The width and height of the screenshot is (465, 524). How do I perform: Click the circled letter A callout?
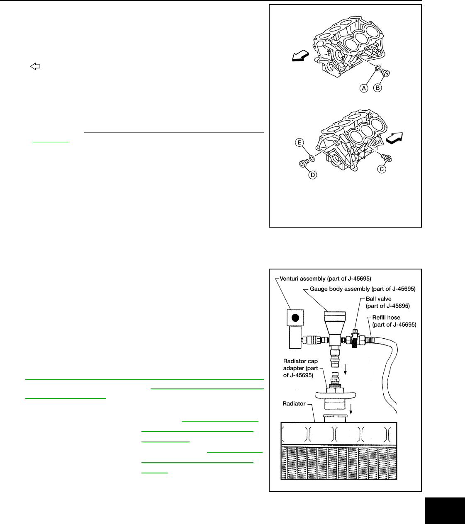tap(364, 88)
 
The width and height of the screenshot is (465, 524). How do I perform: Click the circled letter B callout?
tap(377, 88)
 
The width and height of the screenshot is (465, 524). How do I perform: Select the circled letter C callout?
tap(382, 169)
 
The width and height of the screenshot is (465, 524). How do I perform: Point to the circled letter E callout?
tap(299, 143)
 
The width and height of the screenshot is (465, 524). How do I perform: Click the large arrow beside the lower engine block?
tap(394, 138)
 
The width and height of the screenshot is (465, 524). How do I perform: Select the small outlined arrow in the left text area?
tap(35, 66)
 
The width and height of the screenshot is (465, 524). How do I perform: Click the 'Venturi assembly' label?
tap(325, 279)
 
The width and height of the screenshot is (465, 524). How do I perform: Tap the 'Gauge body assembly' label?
tap(363, 289)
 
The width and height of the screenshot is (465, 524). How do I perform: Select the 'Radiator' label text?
tap(294, 403)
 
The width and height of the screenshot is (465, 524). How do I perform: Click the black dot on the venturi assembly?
tap(295, 318)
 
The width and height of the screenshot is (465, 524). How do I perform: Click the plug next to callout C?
tap(387, 158)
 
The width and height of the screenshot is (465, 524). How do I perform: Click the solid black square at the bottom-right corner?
tap(445, 511)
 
